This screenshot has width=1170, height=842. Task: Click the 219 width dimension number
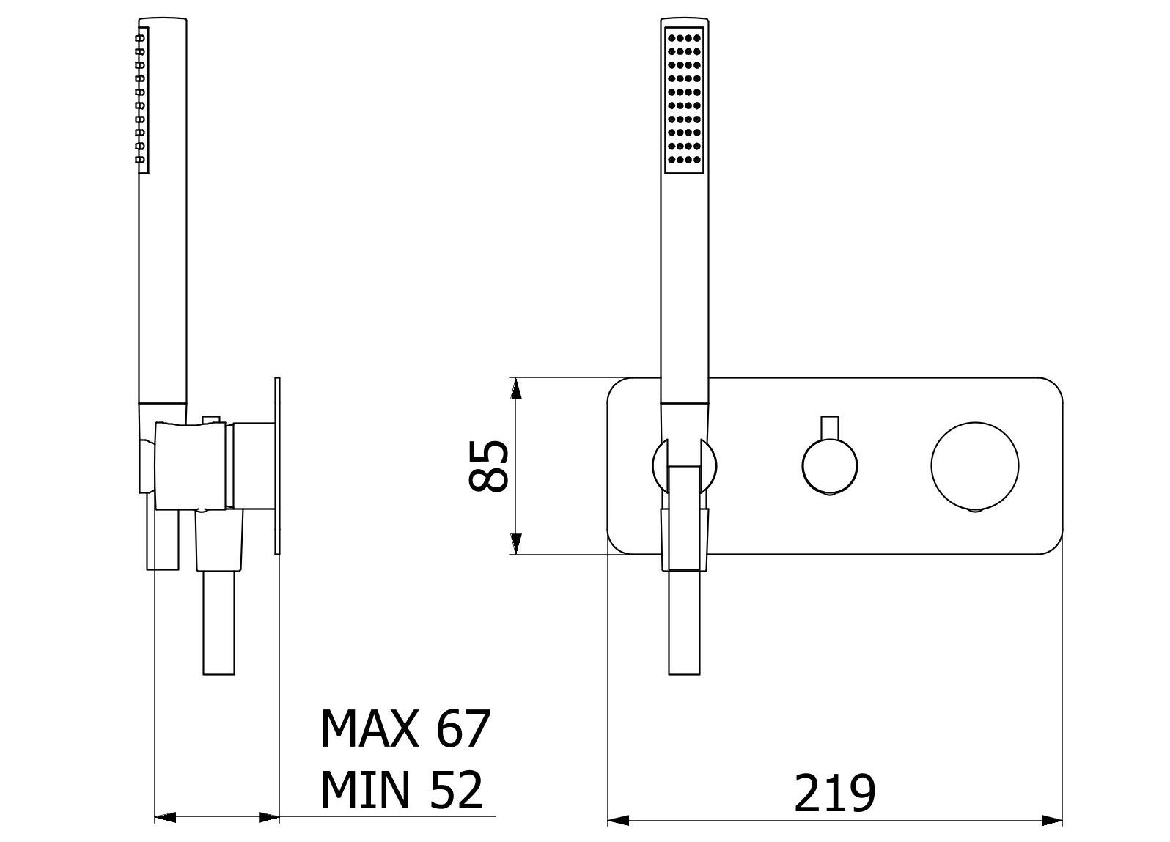pos(834,808)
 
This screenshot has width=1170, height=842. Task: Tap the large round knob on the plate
pos(975,465)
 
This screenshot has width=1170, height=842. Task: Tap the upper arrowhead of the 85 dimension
pos(516,388)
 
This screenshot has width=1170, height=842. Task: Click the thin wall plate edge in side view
pos(277,465)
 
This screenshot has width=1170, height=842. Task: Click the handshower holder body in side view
pos(191,465)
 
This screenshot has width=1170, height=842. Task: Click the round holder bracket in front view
pos(684,465)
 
